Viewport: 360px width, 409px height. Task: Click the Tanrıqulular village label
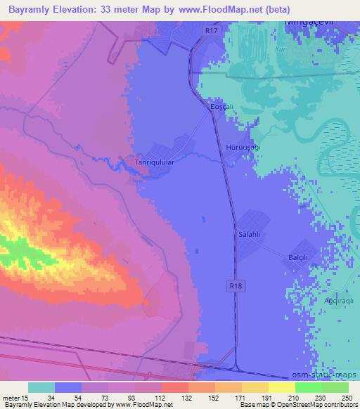point(154,162)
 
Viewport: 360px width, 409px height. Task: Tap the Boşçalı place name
point(221,107)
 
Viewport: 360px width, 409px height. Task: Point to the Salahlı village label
point(250,233)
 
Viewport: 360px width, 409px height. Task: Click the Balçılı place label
point(299,258)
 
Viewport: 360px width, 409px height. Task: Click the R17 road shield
point(210,30)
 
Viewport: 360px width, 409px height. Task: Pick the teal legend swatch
point(41,387)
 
